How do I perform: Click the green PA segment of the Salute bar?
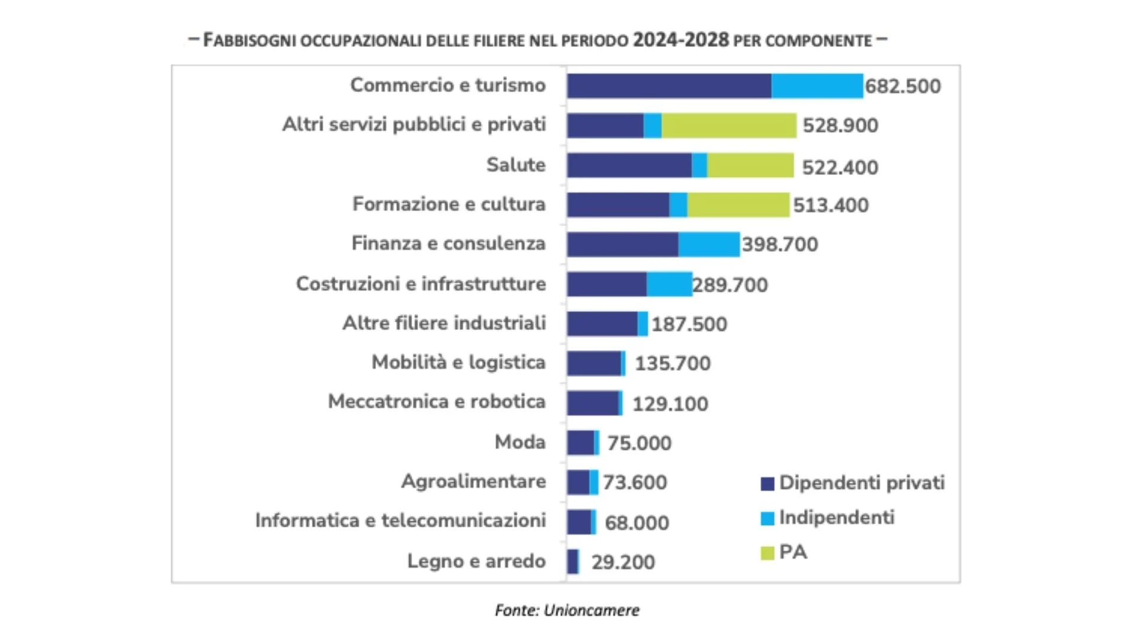click(x=750, y=165)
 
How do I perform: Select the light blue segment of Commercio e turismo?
click(x=817, y=86)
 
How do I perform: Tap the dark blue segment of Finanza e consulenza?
click(x=622, y=244)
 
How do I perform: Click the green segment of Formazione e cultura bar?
click(x=738, y=204)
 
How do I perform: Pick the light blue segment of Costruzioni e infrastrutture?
click(x=669, y=284)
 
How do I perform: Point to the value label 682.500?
click(x=902, y=87)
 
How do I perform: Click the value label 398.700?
click(x=780, y=244)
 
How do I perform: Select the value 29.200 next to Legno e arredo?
click(x=623, y=562)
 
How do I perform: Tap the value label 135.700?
click(x=672, y=363)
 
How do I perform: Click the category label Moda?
click(x=520, y=442)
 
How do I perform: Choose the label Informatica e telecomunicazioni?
click(x=400, y=520)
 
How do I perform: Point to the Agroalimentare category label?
click(x=473, y=481)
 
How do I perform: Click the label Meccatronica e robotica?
click(x=436, y=402)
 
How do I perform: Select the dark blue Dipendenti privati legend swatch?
click(x=767, y=484)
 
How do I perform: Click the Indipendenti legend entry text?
click(x=836, y=517)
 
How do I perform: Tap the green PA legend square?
click(x=767, y=553)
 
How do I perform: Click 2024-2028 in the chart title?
click(x=680, y=40)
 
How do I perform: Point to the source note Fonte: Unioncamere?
click(x=567, y=610)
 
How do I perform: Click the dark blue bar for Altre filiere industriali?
click(x=602, y=324)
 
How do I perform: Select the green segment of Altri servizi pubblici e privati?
click(x=728, y=126)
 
